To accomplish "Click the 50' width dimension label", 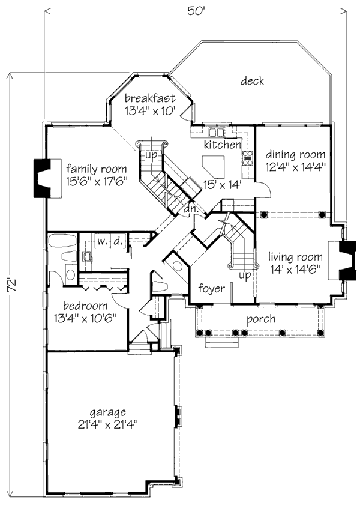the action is coord(196,11).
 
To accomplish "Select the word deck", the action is coord(252,81).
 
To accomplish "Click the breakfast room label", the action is coord(150,98).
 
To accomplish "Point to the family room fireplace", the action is coord(42,178).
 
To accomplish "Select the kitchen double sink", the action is coord(217,133).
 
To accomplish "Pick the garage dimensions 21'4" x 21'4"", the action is coord(108,424).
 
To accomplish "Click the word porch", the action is coord(260,319).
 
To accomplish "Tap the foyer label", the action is coord(212,288).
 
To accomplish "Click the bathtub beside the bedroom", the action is coord(62,241).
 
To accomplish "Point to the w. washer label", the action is coord(102,241).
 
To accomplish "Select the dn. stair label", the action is coord(191,209).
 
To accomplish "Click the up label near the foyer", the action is coord(245,276).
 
